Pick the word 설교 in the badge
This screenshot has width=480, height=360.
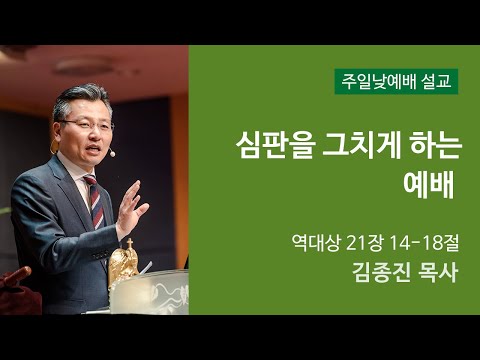point(436,81)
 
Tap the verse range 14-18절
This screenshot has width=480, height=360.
point(417,241)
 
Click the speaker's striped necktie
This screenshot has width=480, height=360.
point(93,200)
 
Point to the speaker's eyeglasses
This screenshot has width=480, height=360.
point(88,125)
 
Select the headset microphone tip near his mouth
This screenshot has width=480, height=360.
point(113,154)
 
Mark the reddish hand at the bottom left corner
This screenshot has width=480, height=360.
point(14,279)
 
